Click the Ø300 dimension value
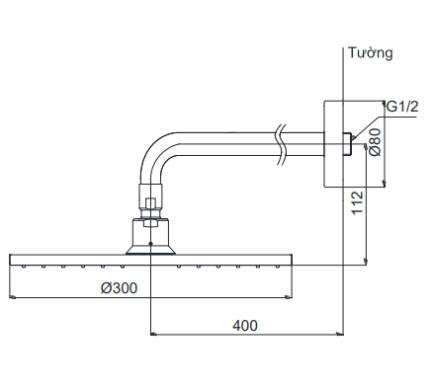[x=119, y=287]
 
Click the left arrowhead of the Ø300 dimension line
[x=13, y=296]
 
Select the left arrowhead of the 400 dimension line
[x=152, y=334]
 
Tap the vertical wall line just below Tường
[x=342, y=79]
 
